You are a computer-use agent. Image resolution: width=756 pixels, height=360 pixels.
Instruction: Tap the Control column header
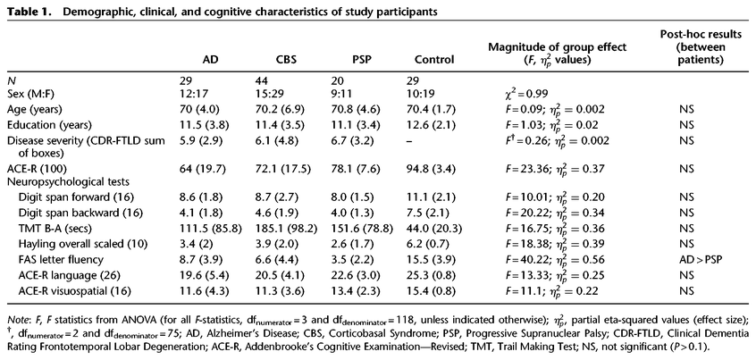434,60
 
